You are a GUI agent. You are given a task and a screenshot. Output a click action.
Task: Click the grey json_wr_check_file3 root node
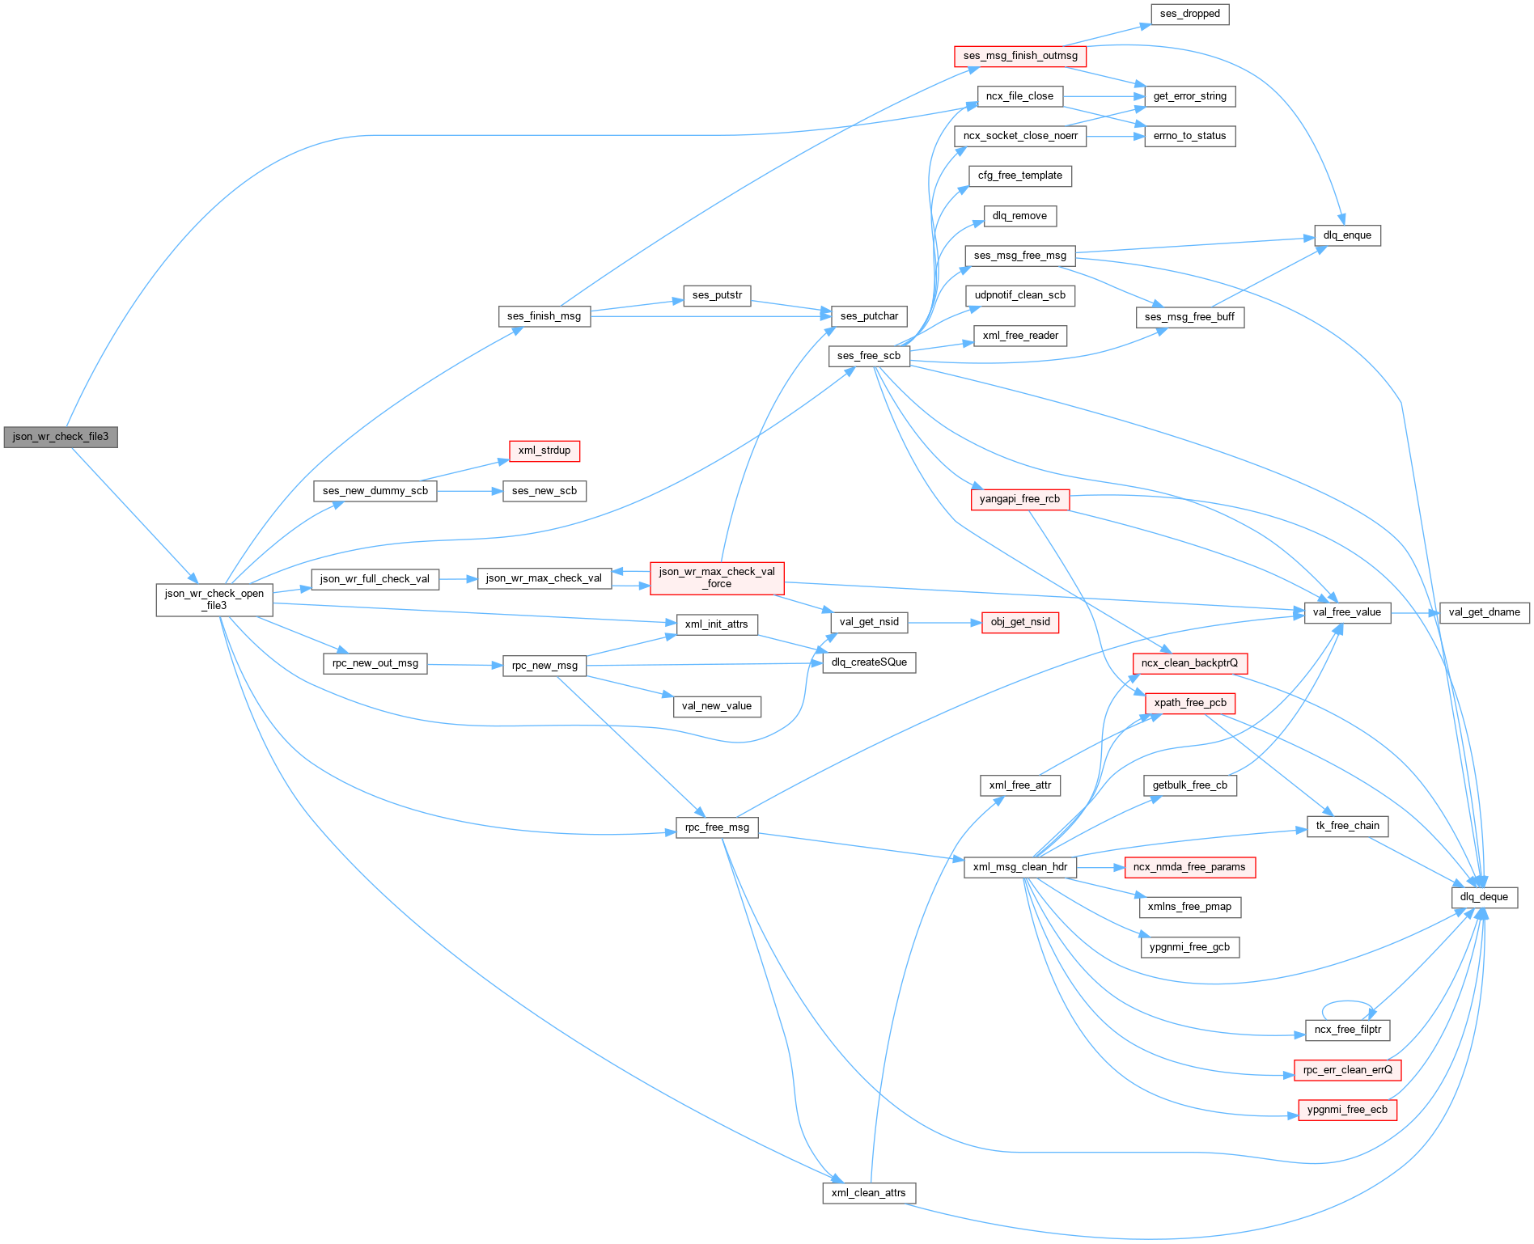(61, 437)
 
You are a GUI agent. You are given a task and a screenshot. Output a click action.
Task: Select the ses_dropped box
(1189, 14)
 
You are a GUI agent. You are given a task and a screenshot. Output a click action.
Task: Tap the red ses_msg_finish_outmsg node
(1020, 56)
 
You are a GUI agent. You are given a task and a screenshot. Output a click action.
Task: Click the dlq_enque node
(1347, 235)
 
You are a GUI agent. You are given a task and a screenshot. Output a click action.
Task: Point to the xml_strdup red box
(544, 451)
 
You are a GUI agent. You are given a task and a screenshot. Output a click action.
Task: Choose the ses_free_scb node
(869, 356)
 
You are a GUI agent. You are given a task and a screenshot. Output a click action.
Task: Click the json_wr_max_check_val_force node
(717, 578)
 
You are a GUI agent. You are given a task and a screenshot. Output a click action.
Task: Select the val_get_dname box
(1485, 612)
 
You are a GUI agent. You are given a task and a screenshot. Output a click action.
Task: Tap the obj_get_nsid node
(1020, 622)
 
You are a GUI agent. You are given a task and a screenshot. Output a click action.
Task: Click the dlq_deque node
(1484, 897)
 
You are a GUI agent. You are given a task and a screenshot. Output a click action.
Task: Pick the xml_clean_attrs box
(869, 1193)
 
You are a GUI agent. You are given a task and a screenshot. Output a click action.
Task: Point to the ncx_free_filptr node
(1348, 1030)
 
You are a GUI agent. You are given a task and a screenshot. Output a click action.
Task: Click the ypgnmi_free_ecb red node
(1347, 1110)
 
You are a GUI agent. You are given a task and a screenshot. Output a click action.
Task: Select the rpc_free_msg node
(717, 827)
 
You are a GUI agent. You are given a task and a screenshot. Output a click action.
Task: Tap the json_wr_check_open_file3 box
(214, 599)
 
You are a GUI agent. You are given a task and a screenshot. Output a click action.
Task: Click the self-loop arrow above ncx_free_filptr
(1347, 1002)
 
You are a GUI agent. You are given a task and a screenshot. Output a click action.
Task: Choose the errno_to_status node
(1189, 136)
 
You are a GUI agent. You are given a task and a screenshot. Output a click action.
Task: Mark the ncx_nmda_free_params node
(1189, 867)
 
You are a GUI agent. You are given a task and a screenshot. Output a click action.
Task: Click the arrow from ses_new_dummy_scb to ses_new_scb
(469, 491)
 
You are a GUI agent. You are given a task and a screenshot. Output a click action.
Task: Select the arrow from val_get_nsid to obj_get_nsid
(944, 623)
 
